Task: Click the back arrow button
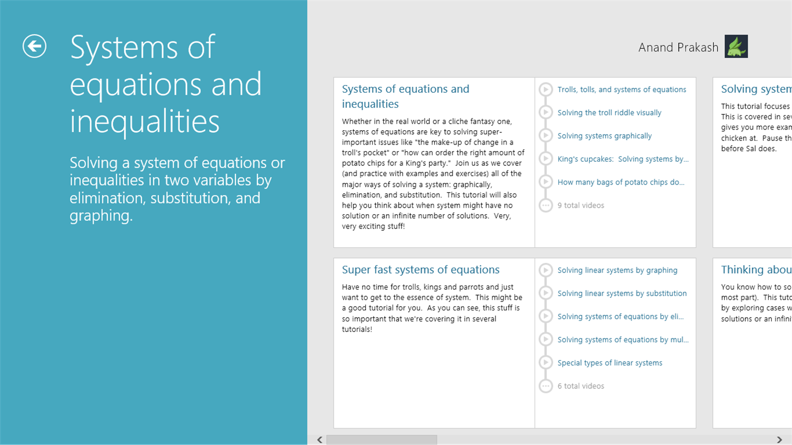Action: [x=34, y=46]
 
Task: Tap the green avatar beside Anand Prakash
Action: [x=736, y=47]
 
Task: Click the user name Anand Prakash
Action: [x=678, y=48]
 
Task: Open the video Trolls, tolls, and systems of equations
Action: [x=621, y=90]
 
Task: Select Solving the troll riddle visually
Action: [x=609, y=113]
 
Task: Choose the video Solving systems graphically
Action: [x=604, y=136]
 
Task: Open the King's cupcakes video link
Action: [x=623, y=159]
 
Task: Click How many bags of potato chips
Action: [x=621, y=182]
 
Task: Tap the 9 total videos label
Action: [x=581, y=205]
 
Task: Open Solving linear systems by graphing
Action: [x=617, y=270]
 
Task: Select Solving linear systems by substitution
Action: [x=622, y=293]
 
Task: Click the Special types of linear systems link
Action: [x=609, y=363]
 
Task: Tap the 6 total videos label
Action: [x=581, y=386]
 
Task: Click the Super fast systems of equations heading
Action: [x=420, y=270]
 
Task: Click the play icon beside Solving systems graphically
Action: [x=546, y=136]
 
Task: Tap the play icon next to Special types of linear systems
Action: [x=546, y=363]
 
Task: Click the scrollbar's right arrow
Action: [x=779, y=440]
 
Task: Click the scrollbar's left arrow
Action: [x=320, y=440]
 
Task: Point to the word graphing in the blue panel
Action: [x=101, y=216]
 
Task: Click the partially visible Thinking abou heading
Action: [x=756, y=270]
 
